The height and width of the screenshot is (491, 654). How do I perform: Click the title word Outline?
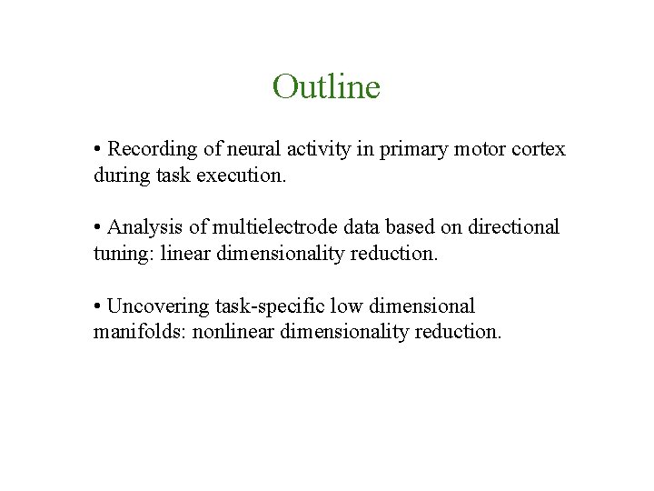[326, 87]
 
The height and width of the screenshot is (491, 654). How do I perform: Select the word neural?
[244, 149]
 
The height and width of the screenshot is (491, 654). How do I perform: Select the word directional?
[515, 227]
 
